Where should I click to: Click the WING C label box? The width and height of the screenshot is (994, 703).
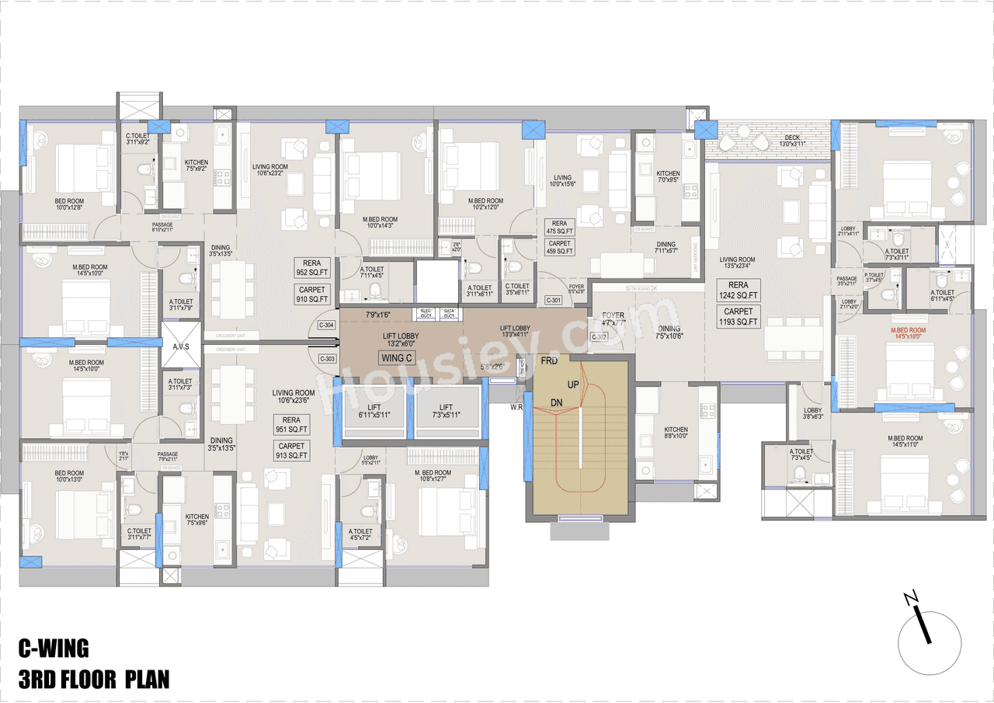point(397,358)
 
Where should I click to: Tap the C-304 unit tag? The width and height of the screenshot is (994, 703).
point(327,325)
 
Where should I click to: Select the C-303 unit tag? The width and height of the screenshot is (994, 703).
point(327,359)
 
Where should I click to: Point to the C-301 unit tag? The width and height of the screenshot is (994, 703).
point(554,300)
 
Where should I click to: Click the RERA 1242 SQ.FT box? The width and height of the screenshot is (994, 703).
point(738,291)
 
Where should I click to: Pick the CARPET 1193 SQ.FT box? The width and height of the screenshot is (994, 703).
point(738,316)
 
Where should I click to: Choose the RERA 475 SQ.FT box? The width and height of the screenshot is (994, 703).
point(559,227)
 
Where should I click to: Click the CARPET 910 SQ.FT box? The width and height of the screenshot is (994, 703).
point(312,294)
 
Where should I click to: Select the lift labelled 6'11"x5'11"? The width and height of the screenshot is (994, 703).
point(370,412)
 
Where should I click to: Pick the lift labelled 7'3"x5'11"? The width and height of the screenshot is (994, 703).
point(446,412)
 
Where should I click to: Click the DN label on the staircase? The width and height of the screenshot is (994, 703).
point(557,402)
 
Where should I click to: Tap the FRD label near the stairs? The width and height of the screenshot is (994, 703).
point(550,362)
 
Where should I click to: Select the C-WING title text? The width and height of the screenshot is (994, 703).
point(54,648)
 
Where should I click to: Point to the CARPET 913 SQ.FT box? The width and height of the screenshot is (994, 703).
point(292,451)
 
